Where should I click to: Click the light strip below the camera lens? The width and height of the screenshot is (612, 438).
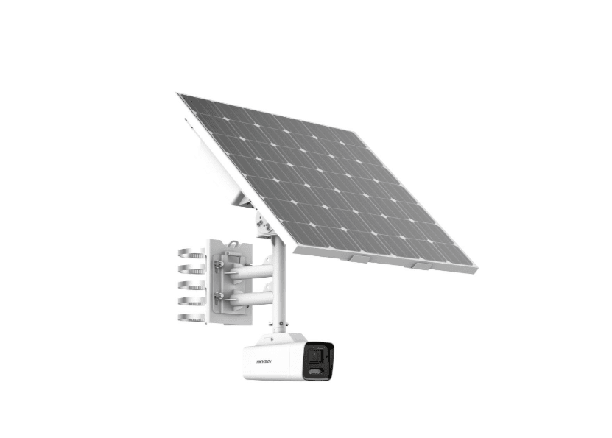[x=317, y=372]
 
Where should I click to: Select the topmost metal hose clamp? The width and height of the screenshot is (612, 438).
[x=191, y=254]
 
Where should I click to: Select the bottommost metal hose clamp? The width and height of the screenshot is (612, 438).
[x=191, y=317]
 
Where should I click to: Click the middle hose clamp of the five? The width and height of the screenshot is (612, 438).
[x=191, y=286]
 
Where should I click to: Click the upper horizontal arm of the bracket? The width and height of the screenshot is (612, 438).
[x=250, y=272]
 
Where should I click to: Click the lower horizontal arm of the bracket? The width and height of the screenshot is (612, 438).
[x=250, y=298]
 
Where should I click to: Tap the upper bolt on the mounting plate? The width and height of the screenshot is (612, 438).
[x=218, y=264]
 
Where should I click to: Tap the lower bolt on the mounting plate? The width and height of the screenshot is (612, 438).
[x=218, y=297]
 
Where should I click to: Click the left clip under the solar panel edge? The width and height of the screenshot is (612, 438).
[x=359, y=258]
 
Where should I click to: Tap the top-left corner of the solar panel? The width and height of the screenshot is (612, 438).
[x=180, y=95]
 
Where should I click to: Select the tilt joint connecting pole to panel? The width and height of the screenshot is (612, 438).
[x=264, y=221]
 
